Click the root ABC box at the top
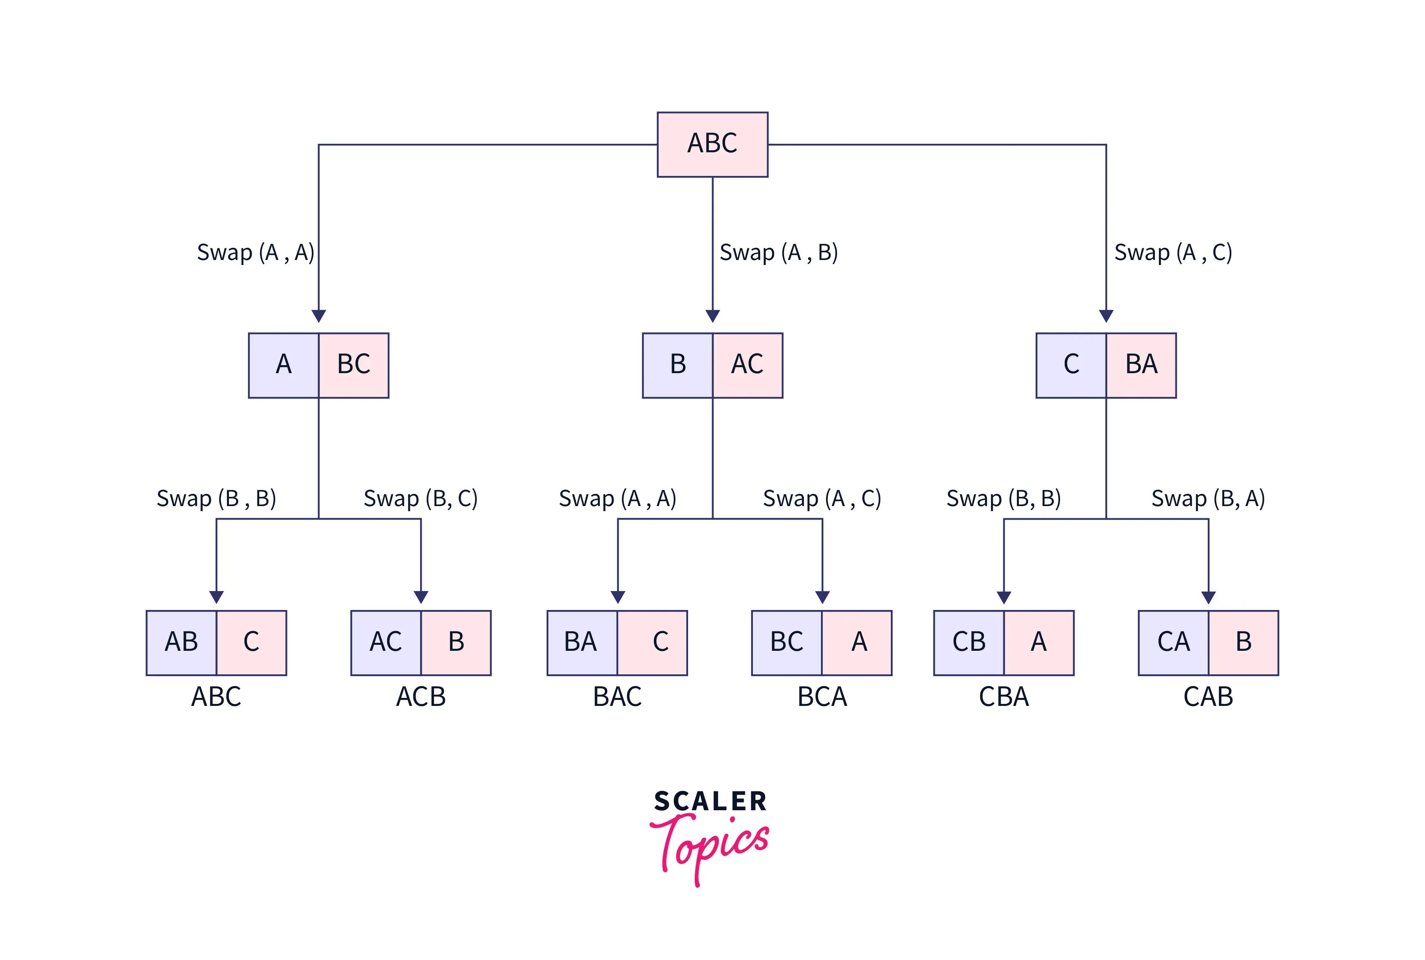coord(712,144)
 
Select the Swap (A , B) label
coord(778,252)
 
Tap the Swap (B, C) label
coord(421,499)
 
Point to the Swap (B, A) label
coord(1207,499)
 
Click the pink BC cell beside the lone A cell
coord(354,366)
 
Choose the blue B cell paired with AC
coord(678,366)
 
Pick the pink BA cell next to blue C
coord(1141,366)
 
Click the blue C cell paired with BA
coord(1071,366)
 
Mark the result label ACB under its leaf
coord(421,697)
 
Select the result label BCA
coord(822,697)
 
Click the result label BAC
coord(617,697)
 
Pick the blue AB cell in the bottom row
coord(181,643)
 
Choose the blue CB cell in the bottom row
coord(969,643)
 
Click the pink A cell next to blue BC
coord(857,643)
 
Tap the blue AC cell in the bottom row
coord(386,643)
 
